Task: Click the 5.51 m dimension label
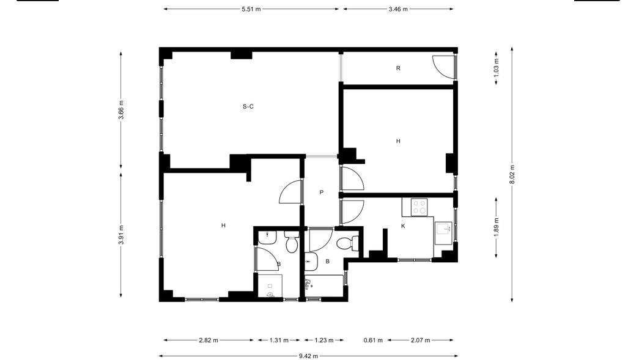pyautogui.click(x=251, y=9)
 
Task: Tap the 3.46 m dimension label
pyautogui.click(x=398, y=9)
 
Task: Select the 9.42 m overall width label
pyautogui.click(x=308, y=356)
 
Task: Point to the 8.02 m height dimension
pyautogui.click(x=512, y=175)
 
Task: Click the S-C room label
pyautogui.click(x=248, y=106)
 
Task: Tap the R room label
pyautogui.click(x=398, y=68)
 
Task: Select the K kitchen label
pyautogui.click(x=403, y=226)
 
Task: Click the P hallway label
pyautogui.click(x=321, y=193)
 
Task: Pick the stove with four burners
pyautogui.click(x=419, y=207)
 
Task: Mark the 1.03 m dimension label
pyautogui.click(x=497, y=68)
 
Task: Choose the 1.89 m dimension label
pyautogui.click(x=497, y=227)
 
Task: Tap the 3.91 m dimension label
pyautogui.click(x=121, y=235)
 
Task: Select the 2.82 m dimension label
pyautogui.click(x=209, y=340)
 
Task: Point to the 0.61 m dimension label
pyautogui.click(x=373, y=340)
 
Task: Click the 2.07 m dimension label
pyautogui.click(x=420, y=340)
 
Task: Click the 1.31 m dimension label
pyautogui.click(x=279, y=340)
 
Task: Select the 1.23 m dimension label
pyautogui.click(x=323, y=340)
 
